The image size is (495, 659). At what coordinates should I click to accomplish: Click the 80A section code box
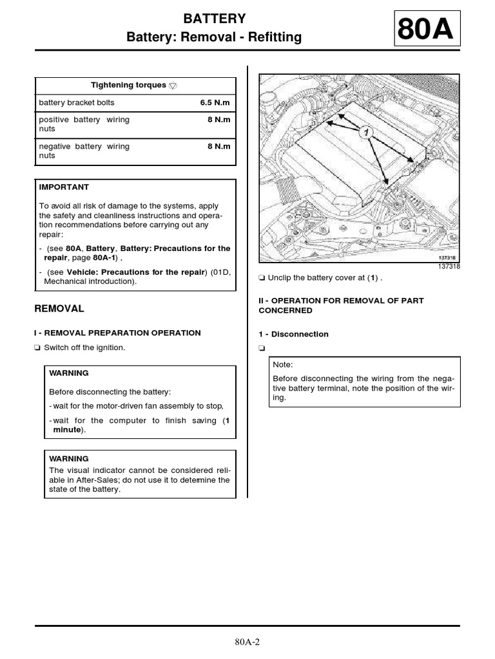[x=425, y=30]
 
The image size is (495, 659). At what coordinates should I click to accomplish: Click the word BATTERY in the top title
[x=214, y=18]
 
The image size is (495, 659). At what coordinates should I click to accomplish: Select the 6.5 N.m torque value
[x=215, y=102]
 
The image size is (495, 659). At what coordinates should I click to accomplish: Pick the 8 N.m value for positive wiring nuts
[x=218, y=120]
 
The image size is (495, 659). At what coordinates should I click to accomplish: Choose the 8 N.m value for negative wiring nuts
[x=218, y=146]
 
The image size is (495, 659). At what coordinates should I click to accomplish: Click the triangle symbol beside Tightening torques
[x=173, y=86]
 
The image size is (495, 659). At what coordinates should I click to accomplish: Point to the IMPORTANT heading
[x=64, y=187]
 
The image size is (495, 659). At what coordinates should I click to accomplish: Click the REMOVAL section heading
[x=59, y=308]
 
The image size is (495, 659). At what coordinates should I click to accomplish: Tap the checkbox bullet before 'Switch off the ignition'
[x=37, y=348]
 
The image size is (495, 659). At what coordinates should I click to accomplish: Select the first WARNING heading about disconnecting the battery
[x=69, y=373]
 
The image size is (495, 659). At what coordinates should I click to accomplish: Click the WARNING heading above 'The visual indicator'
[x=69, y=459]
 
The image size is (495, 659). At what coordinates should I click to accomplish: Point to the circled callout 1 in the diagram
[x=365, y=132]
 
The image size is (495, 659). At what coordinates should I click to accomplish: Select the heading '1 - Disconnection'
[x=293, y=334]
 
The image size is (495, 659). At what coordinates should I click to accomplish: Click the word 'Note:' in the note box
[x=283, y=364]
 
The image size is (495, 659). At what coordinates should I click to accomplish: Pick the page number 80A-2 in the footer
[x=247, y=642]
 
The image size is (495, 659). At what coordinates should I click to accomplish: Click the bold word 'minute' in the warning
[x=66, y=429]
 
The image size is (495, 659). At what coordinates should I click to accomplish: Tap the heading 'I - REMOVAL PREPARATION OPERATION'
[x=117, y=333]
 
